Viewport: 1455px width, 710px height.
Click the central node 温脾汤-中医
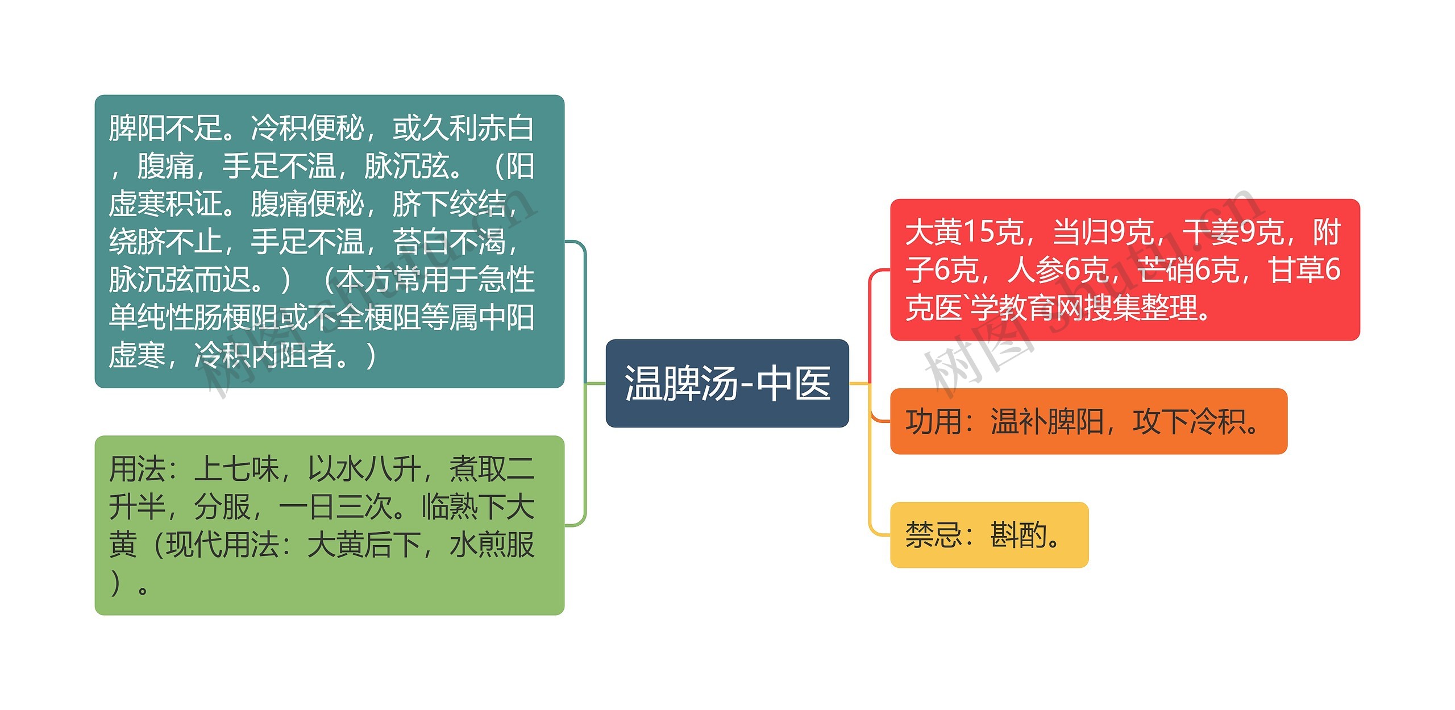(727, 383)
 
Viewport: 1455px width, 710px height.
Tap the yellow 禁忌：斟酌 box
(988, 535)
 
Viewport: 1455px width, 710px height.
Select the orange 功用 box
(1088, 421)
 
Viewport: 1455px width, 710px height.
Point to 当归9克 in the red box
(1103, 232)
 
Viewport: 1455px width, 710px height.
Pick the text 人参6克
(1058, 269)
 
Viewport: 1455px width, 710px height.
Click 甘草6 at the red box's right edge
(1304, 269)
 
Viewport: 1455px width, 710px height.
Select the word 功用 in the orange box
(933, 422)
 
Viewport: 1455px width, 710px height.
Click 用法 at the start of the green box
(137, 469)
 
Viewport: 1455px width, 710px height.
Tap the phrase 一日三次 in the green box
(335, 506)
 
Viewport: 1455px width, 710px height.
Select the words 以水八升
(364, 469)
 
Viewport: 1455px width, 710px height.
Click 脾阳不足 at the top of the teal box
(165, 127)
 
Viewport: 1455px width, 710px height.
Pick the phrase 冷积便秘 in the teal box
(307, 127)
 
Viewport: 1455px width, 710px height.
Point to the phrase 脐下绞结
(449, 204)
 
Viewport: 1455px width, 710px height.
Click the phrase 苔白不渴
(449, 241)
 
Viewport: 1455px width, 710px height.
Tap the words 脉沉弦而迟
(180, 279)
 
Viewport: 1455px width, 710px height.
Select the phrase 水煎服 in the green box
(492, 545)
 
